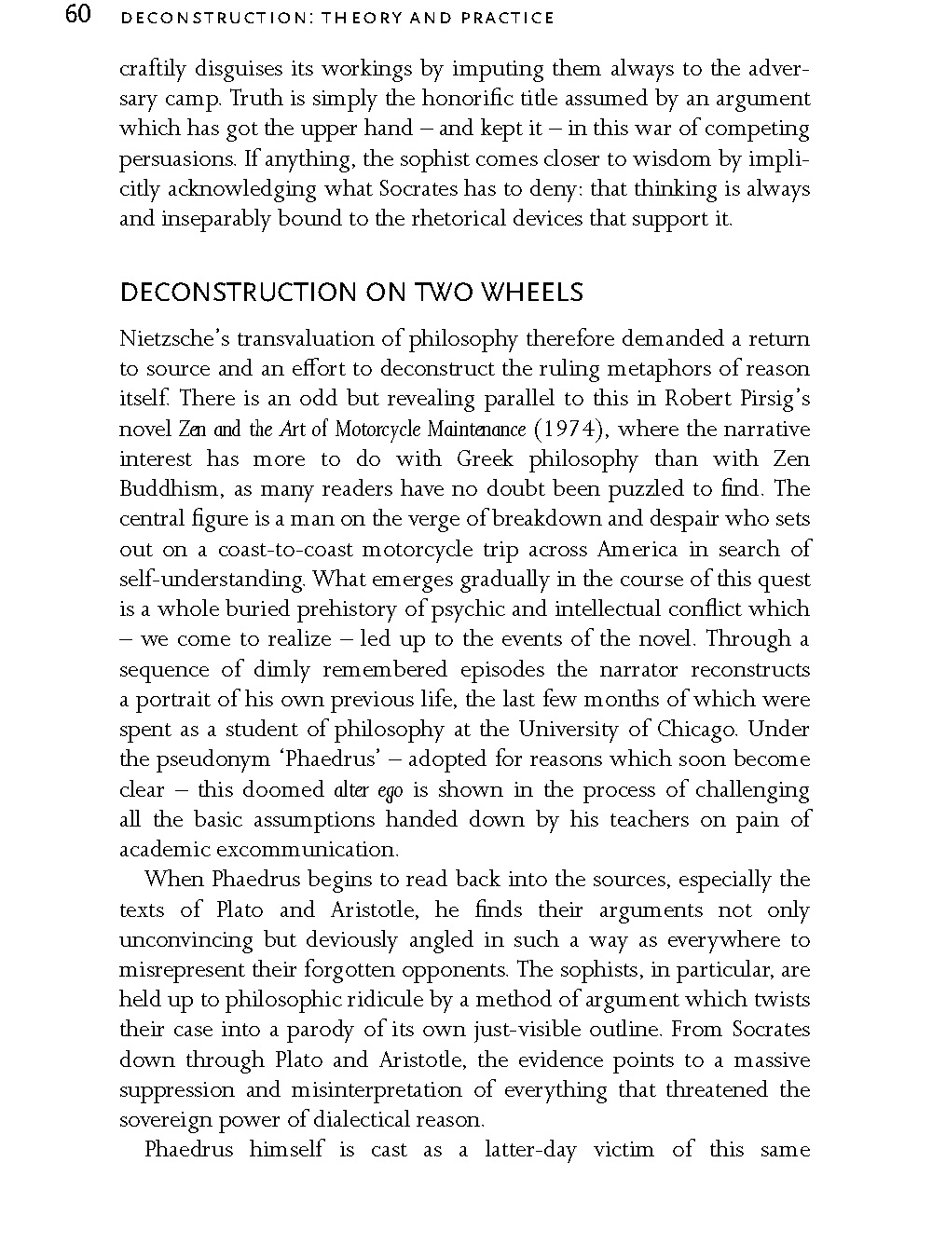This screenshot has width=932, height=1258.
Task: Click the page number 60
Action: click(x=78, y=16)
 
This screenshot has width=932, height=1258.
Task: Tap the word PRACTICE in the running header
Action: click(x=511, y=18)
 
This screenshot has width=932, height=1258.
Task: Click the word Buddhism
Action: click(x=164, y=489)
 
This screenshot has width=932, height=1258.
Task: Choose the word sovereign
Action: click(x=162, y=1120)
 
